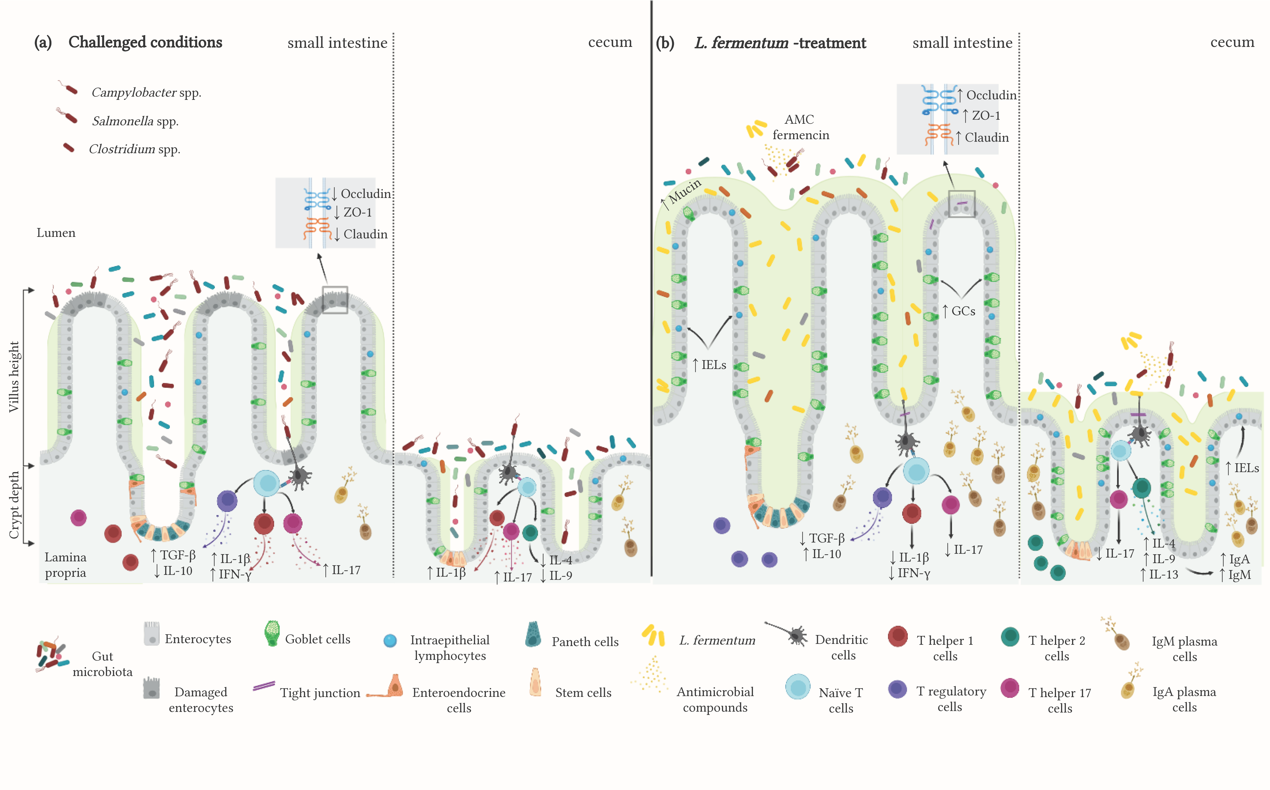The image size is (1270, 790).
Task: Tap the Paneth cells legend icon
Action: pyautogui.click(x=533, y=634)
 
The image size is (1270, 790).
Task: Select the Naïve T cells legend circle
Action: pyautogui.click(x=797, y=687)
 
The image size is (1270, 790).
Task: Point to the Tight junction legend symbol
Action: pyautogui.click(x=264, y=686)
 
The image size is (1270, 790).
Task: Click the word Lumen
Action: pyautogui.click(x=56, y=233)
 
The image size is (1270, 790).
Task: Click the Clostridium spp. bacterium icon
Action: pyautogui.click(x=68, y=148)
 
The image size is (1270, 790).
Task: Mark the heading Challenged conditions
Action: pyautogui.click(x=145, y=42)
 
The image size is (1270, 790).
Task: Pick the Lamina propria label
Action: pyautogui.click(x=65, y=565)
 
